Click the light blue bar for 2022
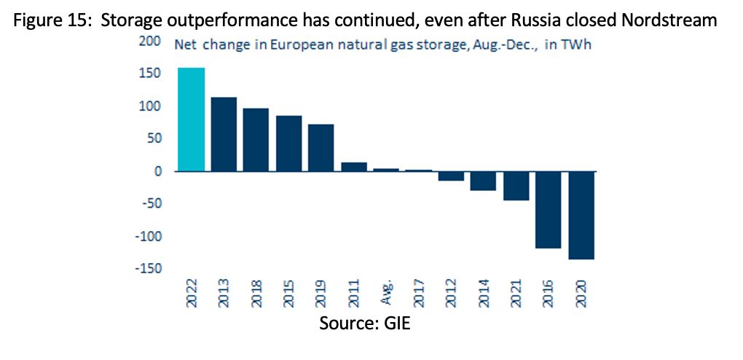(192, 120)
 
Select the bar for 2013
(224, 134)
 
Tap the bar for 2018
(256, 140)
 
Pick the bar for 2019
(321, 147)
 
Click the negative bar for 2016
(549, 210)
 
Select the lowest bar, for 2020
(581, 215)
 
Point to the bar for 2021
(516, 186)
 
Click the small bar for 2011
(354, 167)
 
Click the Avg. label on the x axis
(386, 295)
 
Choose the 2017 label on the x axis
(418, 294)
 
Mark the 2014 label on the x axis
(484, 294)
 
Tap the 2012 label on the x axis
(451, 294)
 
